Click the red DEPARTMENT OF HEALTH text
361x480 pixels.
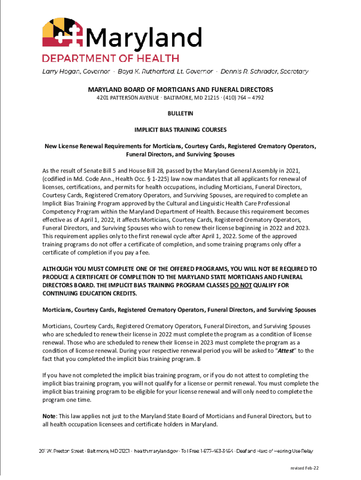coord(111,59)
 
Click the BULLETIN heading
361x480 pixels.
coord(180,113)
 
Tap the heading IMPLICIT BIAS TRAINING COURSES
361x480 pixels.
coord(180,129)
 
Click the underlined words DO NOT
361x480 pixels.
coord(241,285)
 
